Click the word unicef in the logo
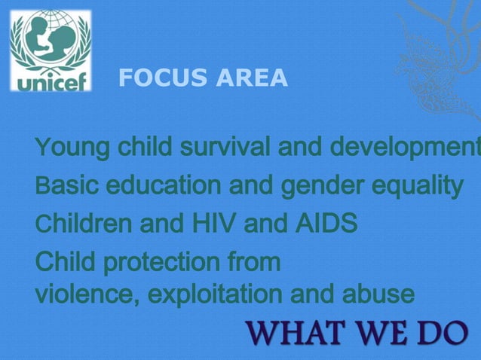[x=51, y=81]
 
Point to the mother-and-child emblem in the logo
[x=51, y=41]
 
